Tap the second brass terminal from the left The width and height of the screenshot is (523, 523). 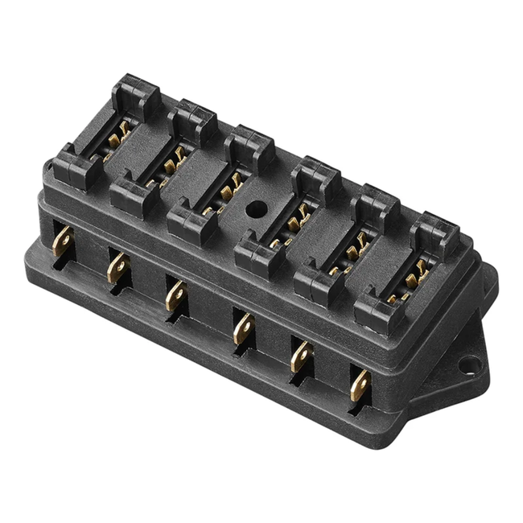(117, 266)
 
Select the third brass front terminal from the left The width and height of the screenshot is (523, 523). (175, 295)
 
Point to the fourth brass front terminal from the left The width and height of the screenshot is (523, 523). (241, 327)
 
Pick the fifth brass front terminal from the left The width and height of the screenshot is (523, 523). (301, 356)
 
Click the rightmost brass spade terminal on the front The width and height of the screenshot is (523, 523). (360, 385)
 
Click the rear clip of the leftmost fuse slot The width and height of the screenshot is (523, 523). (135, 94)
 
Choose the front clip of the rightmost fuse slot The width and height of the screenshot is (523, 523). (377, 311)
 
